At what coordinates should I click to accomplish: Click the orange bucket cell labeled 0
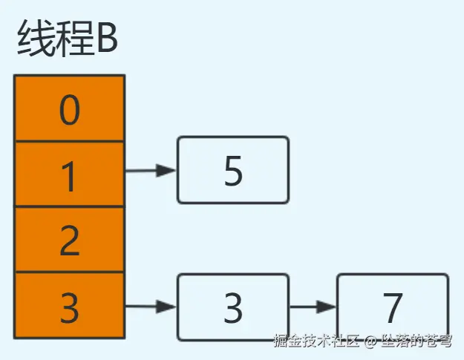coord(69,108)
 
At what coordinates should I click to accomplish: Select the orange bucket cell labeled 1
coord(69,174)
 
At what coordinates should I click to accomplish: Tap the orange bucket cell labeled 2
coord(69,239)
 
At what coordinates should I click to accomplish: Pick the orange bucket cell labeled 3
coord(69,305)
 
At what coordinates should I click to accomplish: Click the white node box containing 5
coord(232,170)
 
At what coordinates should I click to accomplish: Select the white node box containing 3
coord(232,307)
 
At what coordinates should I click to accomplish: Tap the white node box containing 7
coord(393,307)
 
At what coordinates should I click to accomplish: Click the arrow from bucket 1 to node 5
coord(151,171)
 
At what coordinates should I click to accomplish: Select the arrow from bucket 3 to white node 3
coord(151,306)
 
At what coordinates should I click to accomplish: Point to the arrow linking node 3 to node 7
coord(313,306)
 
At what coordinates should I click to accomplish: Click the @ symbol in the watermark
coord(370,342)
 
